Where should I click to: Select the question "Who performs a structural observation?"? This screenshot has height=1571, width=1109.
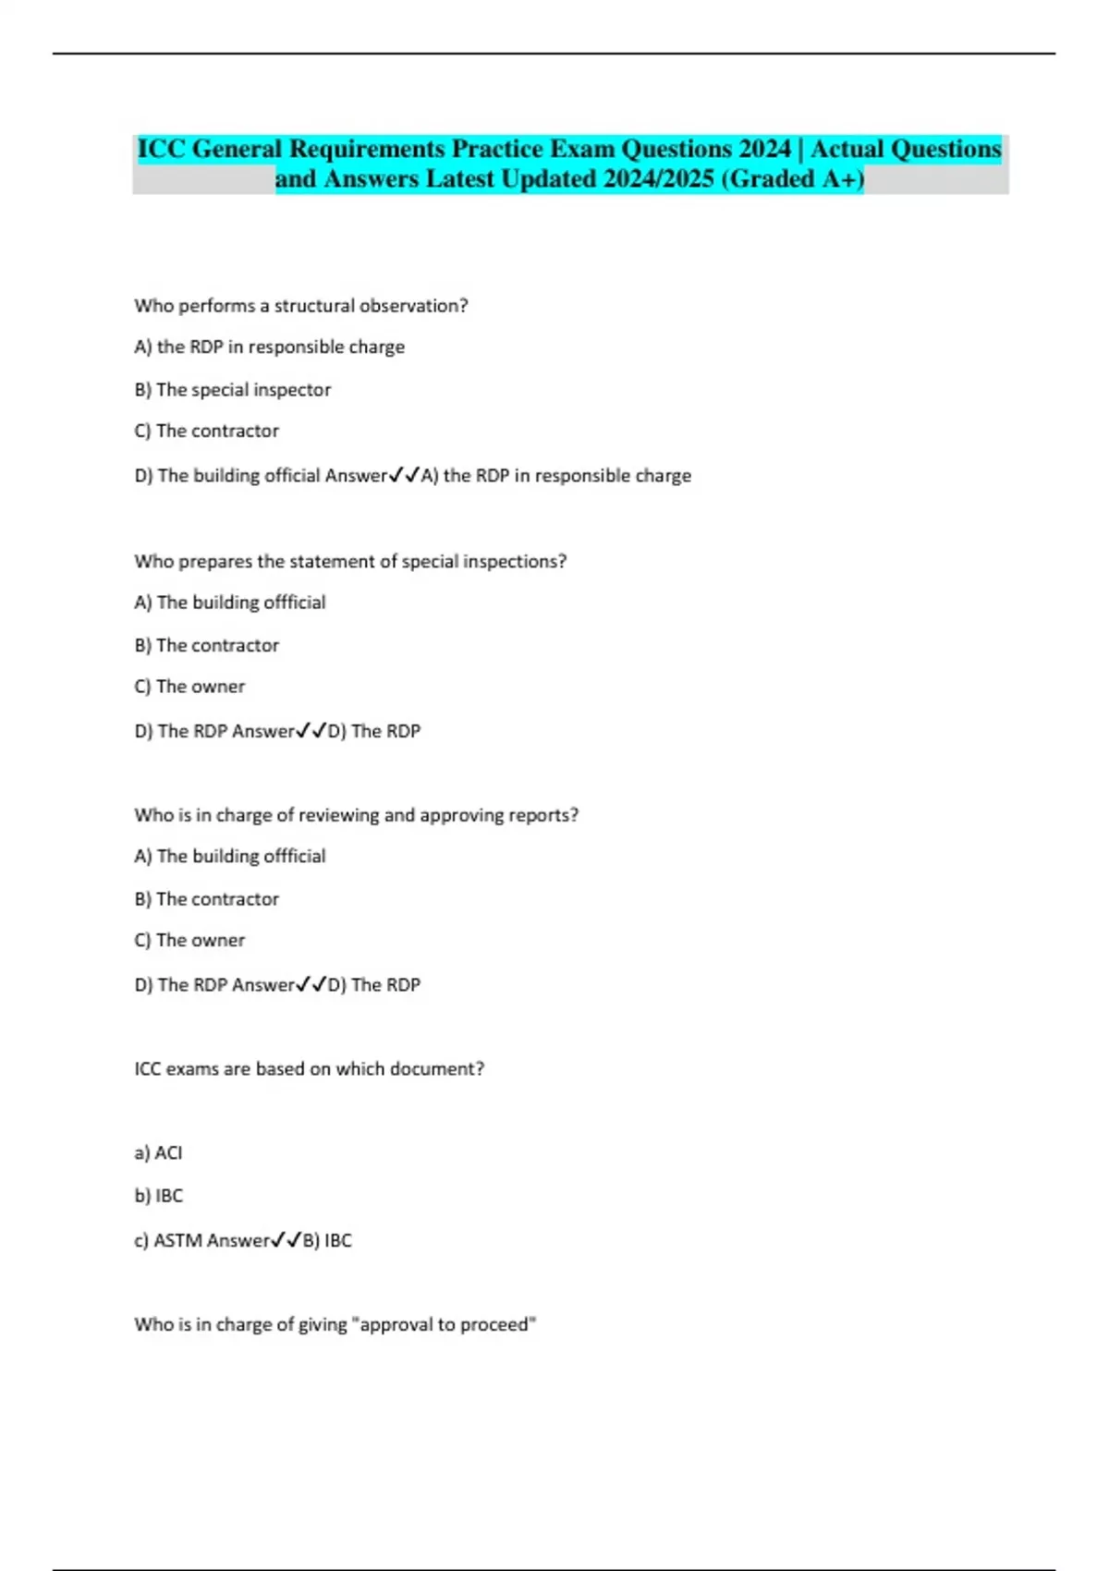(x=301, y=306)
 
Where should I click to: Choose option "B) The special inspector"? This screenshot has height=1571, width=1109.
(x=233, y=390)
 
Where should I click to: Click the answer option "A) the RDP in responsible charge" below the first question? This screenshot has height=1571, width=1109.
(x=270, y=347)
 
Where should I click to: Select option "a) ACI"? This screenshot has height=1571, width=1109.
(x=158, y=1153)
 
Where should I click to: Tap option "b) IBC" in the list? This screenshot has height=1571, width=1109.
(x=159, y=1196)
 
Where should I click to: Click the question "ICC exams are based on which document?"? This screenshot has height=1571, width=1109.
(x=310, y=1069)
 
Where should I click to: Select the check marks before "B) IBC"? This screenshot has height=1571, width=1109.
(x=286, y=1241)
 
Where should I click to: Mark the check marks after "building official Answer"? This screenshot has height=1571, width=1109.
(x=405, y=476)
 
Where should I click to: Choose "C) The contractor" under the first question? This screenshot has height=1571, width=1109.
(x=207, y=432)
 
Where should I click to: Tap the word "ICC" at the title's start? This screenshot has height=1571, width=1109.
(x=162, y=149)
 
